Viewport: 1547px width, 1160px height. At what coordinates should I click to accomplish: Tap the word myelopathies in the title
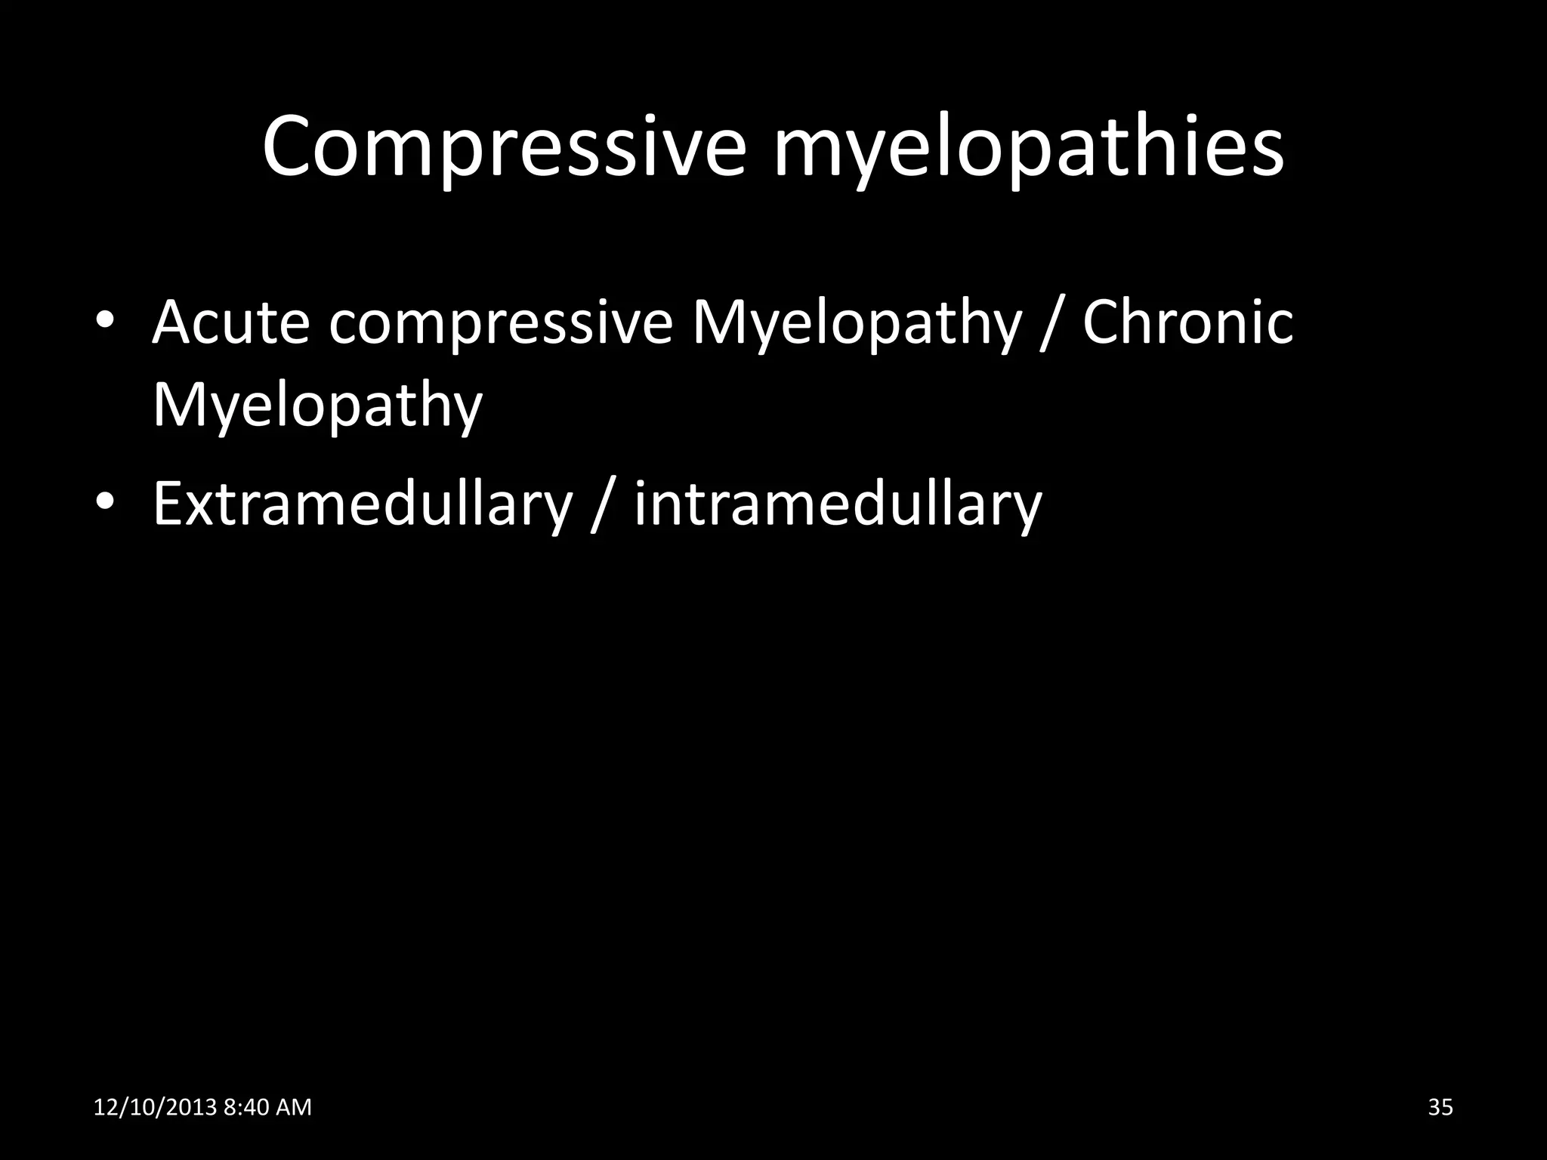coord(1028,148)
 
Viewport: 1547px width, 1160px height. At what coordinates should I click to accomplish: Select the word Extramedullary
coord(362,504)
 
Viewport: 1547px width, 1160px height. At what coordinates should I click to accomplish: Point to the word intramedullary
coord(838,504)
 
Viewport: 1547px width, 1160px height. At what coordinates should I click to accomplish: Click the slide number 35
coord(1440,1107)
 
